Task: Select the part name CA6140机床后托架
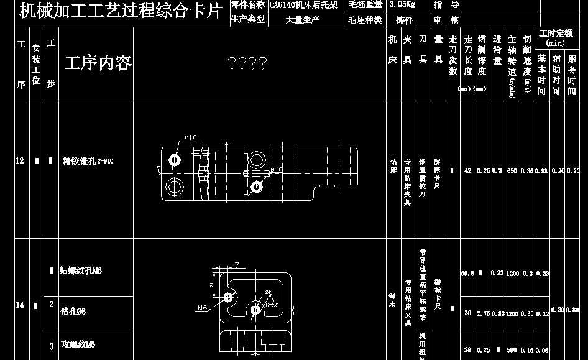(303, 5)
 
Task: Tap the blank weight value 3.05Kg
(403, 5)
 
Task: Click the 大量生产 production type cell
(302, 20)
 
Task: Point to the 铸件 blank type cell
(404, 20)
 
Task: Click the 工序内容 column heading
(98, 63)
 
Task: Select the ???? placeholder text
(247, 63)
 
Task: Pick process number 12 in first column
(20, 161)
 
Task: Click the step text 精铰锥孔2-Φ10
(88, 162)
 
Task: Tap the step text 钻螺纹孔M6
(81, 270)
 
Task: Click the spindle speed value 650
(512, 170)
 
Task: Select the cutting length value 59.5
(467, 274)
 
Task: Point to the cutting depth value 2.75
(482, 313)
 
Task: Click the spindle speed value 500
(512, 350)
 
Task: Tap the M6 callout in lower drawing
(203, 307)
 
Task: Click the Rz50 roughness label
(271, 305)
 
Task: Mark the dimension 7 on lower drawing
(237, 265)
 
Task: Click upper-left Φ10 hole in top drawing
(175, 160)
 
